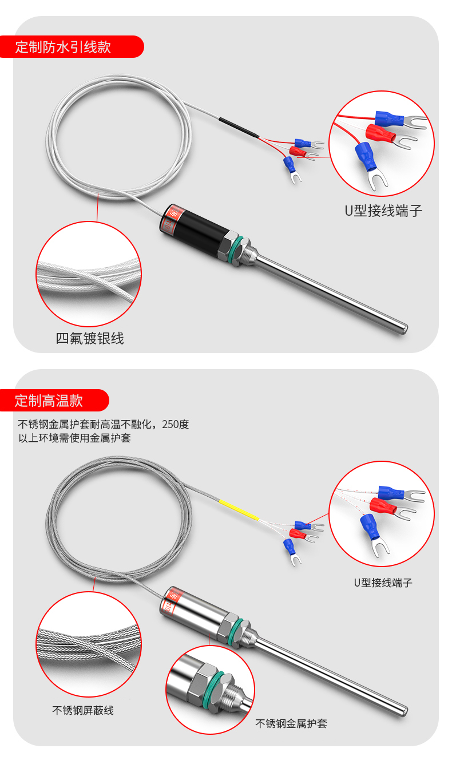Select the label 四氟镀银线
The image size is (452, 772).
(x=89, y=339)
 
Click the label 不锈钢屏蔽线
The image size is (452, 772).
(x=83, y=710)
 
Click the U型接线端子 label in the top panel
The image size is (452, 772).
(x=383, y=211)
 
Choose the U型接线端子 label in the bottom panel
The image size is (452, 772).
(x=383, y=583)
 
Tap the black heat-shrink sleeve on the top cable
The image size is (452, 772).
(x=238, y=128)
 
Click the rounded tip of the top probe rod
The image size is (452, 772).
(x=403, y=328)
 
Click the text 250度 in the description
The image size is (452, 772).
(x=175, y=425)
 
